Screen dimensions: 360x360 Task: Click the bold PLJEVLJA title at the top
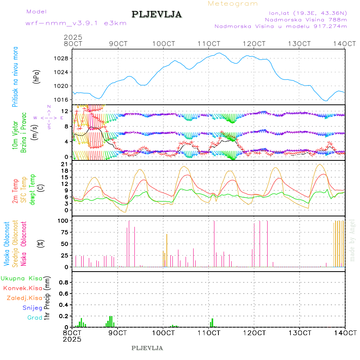point(156,15)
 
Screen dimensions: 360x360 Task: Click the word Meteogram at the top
point(233,4)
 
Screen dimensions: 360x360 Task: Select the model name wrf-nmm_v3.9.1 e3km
point(76,23)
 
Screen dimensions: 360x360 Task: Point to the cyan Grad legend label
point(35,318)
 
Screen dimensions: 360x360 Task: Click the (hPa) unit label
point(37,76)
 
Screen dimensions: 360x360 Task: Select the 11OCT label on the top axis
point(209,44)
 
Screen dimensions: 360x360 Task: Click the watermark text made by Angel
point(352,240)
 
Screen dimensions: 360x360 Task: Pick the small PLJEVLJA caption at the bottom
point(147,348)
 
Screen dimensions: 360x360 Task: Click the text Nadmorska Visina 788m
point(306,19)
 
